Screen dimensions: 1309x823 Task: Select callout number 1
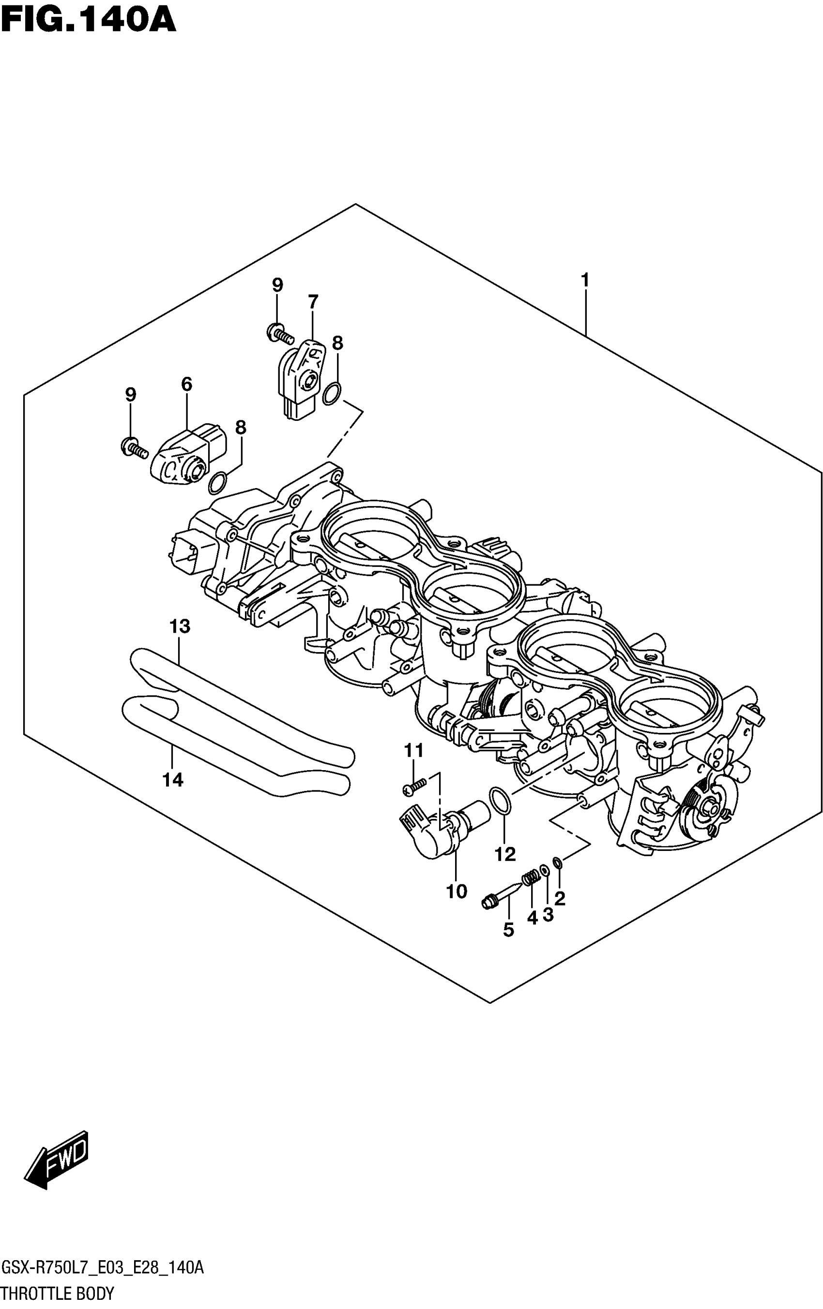(585, 281)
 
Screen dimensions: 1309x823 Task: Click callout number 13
(180, 626)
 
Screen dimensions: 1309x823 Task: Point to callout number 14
(172, 781)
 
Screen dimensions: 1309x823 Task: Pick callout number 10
(457, 892)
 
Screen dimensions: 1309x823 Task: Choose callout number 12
(505, 855)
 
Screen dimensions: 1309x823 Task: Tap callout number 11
(413, 751)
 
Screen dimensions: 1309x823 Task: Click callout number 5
(508, 930)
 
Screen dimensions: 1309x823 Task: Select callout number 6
(186, 384)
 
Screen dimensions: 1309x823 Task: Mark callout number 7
(313, 302)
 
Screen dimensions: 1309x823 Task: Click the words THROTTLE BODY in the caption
(57, 1294)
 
